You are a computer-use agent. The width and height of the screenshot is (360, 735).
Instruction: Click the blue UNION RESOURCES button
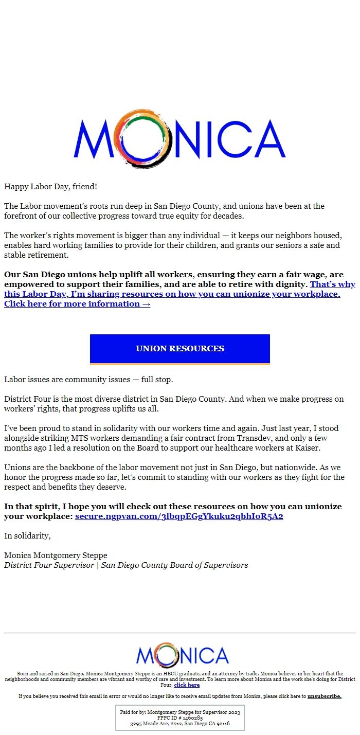180,349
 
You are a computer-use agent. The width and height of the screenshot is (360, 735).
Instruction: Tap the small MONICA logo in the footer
182,655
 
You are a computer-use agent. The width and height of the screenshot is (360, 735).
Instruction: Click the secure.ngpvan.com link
179,516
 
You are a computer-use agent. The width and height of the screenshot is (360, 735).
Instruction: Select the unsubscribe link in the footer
324,696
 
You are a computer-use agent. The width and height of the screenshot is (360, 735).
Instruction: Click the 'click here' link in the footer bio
187,685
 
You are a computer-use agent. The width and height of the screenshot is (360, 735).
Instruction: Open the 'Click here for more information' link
77,304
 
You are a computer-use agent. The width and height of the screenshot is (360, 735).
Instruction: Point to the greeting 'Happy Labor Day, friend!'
50,186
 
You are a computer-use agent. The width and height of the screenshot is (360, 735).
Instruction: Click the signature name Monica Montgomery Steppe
56,555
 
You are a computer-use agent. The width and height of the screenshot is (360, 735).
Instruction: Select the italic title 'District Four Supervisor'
49,565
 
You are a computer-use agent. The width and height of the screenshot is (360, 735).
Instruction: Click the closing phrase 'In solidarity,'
27,536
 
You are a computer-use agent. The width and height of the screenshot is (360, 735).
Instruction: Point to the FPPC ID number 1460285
192,718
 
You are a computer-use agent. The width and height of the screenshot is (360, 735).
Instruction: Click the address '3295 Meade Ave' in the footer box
149,724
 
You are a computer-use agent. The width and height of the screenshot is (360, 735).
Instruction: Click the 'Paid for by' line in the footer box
179,712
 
